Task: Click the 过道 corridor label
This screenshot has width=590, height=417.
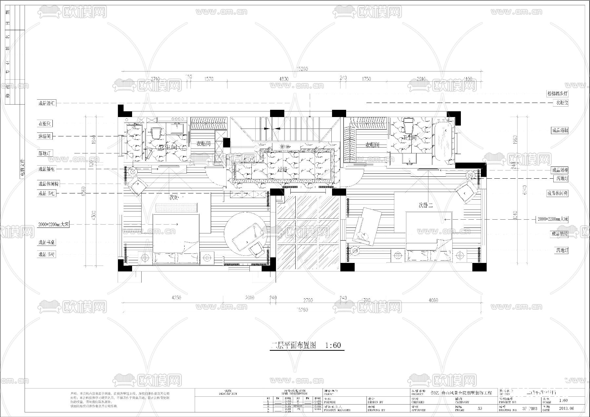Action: click(x=282, y=170)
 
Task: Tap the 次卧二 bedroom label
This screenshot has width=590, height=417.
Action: click(x=426, y=206)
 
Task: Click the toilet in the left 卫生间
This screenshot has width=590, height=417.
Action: click(x=156, y=133)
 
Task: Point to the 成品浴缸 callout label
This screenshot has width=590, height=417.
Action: click(x=560, y=130)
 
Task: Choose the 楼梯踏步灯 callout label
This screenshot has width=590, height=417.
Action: click(x=557, y=93)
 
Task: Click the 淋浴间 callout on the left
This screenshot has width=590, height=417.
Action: click(x=45, y=136)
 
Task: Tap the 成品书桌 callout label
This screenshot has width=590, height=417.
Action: click(x=47, y=243)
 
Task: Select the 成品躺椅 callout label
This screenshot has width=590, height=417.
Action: click(x=559, y=234)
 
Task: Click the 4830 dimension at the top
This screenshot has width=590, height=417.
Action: click(x=284, y=79)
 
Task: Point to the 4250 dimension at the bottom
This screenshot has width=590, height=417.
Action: click(x=176, y=298)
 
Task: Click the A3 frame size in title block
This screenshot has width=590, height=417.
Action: click(x=480, y=408)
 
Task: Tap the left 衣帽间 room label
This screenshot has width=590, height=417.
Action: click(x=203, y=144)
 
